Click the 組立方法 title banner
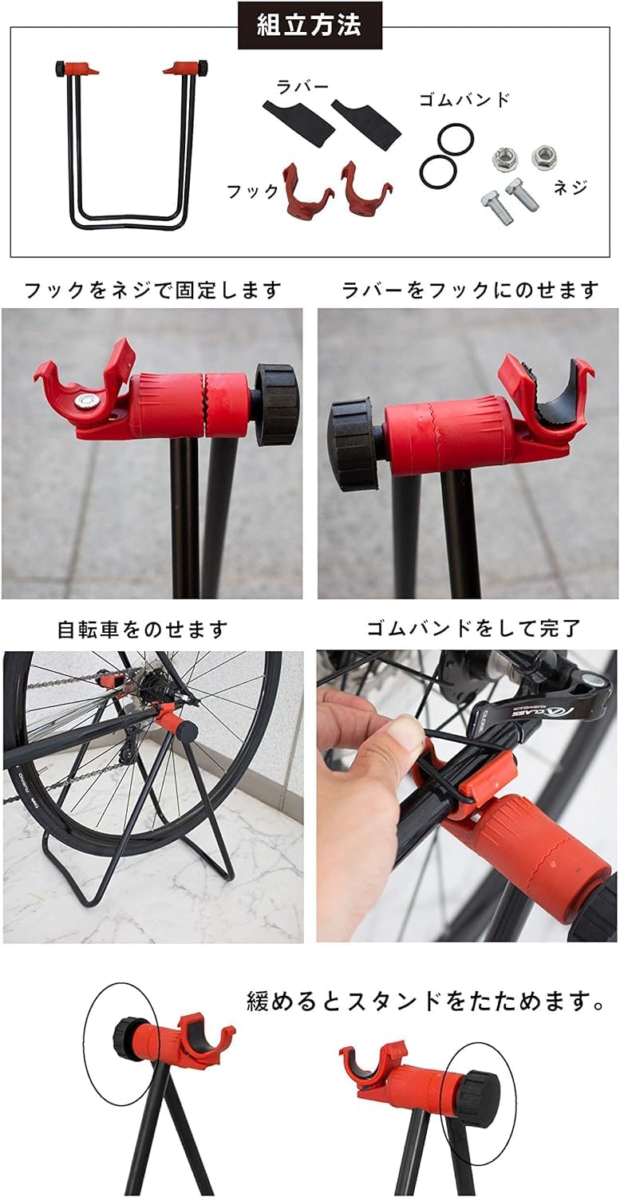pyautogui.click(x=310, y=25)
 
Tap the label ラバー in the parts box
pyautogui.click(x=302, y=87)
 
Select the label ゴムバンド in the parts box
pyautogui.click(x=464, y=100)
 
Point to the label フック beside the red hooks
pyautogui.click(x=253, y=191)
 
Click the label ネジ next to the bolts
pyautogui.click(x=571, y=187)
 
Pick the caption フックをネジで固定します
pyautogui.click(x=153, y=290)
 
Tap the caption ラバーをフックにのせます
pyautogui.click(x=470, y=290)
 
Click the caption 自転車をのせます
pyautogui.click(x=142, y=630)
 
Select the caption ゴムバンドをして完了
pyautogui.click(x=473, y=629)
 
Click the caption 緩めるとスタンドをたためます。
pyautogui.click(x=426, y=1001)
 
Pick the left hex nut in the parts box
pyautogui.click(x=503, y=159)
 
